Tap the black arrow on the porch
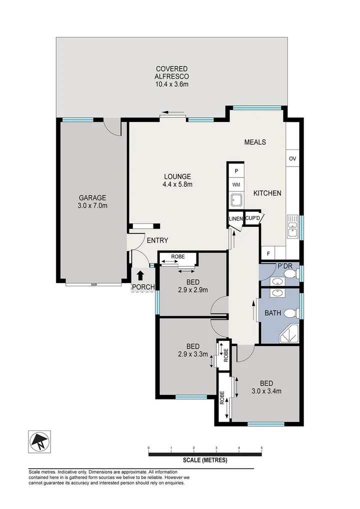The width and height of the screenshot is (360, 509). pyautogui.click(x=140, y=275)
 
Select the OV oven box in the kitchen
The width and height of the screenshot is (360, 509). pyautogui.click(x=292, y=158)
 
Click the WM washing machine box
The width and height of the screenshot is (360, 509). pyautogui.click(x=235, y=184)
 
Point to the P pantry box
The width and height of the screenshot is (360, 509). pyautogui.click(x=235, y=170)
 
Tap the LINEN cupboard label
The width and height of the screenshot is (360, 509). pyautogui.click(x=235, y=219)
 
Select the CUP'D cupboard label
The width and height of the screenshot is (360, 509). pyautogui.click(x=252, y=218)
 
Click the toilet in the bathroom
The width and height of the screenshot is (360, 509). pyautogui.click(x=290, y=314)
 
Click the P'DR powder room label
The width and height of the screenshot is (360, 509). pyautogui.click(x=284, y=266)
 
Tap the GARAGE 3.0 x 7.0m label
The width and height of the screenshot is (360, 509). pyautogui.click(x=92, y=201)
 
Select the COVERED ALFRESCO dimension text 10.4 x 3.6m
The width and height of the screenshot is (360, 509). pyautogui.click(x=171, y=84)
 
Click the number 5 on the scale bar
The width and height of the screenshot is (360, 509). pyautogui.click(x=261, y=447)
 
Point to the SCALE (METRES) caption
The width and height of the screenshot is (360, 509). pyautogui.click(x=205, y=460)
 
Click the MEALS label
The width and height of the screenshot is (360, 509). pyautogui.click(x=254, y=142)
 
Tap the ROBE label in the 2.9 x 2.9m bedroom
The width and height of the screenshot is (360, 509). pyautogui.click(x=177, y=257)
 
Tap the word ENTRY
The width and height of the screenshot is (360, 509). pyautogui.click(x=157, y=240)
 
